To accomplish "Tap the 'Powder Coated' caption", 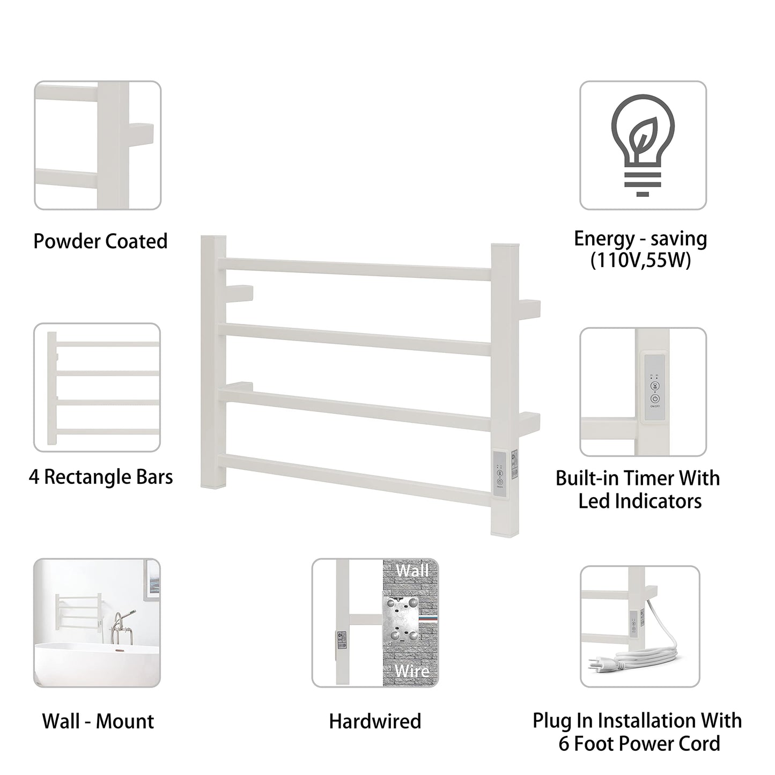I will tap(100, 241).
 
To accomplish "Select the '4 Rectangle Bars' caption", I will tap(101, 477).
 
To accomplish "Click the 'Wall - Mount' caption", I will tap(98, 721).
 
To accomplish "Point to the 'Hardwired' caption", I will tap(375, 721).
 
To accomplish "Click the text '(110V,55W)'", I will tap(640, 261).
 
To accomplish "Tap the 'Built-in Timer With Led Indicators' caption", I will tap(638, 489).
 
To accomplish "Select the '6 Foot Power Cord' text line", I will tap(639, 744).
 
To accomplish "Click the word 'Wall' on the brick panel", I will tap(411, 570).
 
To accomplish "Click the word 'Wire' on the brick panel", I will tap(411, 670).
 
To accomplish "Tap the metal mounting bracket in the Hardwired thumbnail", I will tap(401, 620).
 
